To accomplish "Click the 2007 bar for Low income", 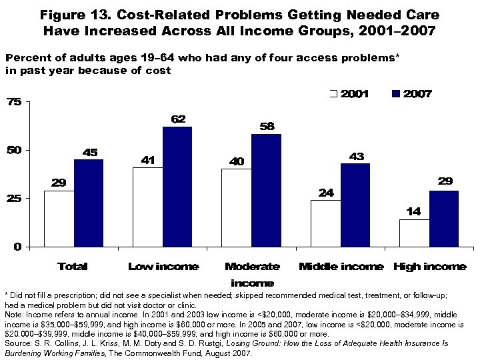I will pos(177,187).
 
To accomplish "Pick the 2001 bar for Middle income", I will pos(325,223).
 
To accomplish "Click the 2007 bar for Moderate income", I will pos(266,190).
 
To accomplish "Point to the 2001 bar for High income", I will pos(414,233).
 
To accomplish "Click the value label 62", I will pos(177,119).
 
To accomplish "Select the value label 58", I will pos(267,127).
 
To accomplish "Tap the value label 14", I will pos(413,212).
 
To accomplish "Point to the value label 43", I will pos(355,156).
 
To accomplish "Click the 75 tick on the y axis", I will pos(14,102).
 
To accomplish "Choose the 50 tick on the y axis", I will pos(14,150).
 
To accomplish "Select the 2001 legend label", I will pos(355,94).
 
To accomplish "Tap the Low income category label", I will pos(163,267).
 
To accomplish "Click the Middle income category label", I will pos(341,267).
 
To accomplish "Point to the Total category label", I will pos(73,267).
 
